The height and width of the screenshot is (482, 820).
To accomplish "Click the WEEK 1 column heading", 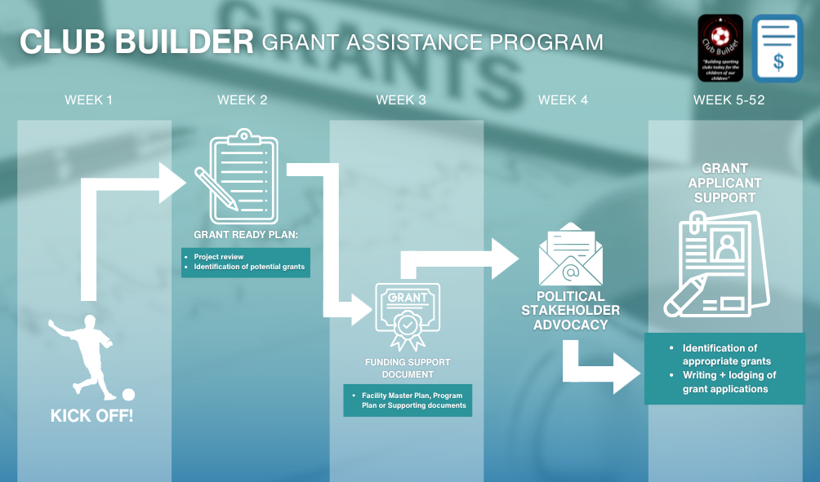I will pyautogui.click(x=89, y=100).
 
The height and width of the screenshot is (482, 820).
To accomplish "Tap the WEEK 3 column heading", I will pyautogui.click(x=400, y=100).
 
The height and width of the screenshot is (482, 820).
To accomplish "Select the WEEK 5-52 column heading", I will pyautogui.click(x=729, y=100).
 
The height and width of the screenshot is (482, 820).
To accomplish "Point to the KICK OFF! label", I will pyautogui.click(x=91, y=416).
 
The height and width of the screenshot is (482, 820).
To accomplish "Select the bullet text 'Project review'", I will pyautogui.click(x=219, y=257).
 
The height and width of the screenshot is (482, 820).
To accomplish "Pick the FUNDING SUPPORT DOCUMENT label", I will pyautogui.click(x=408, y=368).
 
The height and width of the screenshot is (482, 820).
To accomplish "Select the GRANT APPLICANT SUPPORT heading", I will pyautogui.click(x=724, y=184).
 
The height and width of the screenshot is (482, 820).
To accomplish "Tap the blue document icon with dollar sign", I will pyautogui.click(x=778, y=48).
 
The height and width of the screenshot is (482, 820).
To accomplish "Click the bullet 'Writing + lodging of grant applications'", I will pyautogui.click(x=729, y=382).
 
